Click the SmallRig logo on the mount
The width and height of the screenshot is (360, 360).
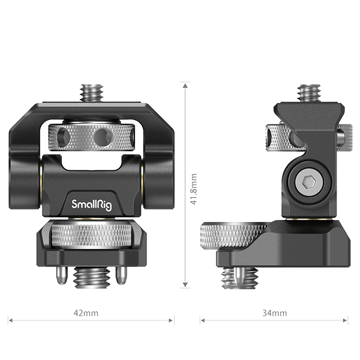coord(91,203)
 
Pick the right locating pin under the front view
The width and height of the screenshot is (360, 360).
coord(122,275)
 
